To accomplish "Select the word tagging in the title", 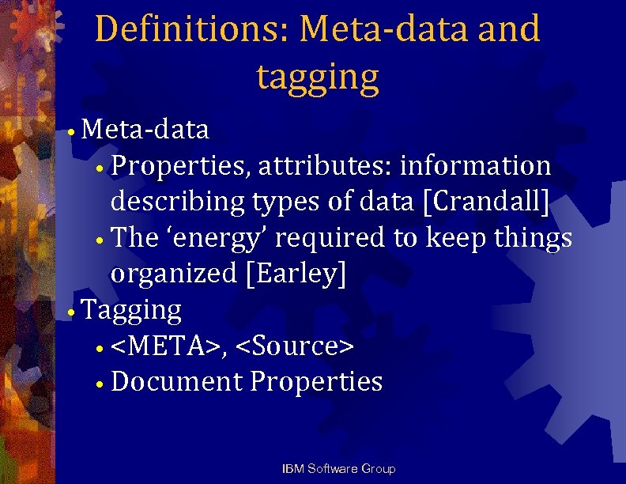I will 318,77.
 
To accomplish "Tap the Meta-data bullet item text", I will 145,128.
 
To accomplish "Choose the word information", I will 476,165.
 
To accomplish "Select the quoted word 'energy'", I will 209,237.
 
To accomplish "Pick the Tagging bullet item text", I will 131,309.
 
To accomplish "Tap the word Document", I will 177,382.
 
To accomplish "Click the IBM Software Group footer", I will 338,469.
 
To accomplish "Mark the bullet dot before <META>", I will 100,348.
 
